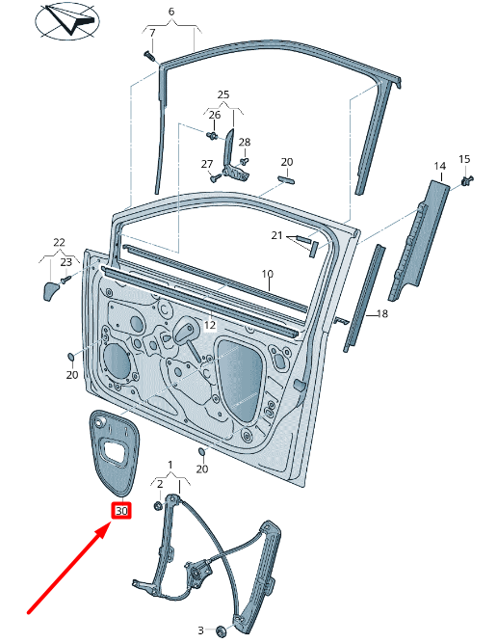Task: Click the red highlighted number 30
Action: (121, 511)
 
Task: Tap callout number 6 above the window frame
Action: (171, 13)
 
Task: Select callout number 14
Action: (439, 167)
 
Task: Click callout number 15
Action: (463, 159)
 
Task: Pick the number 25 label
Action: (223, 94)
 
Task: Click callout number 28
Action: (245, 142)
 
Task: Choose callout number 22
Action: (59, 242)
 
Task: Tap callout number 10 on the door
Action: (268, 274)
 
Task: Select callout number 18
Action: (382, 314)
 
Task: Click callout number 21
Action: (276, 236)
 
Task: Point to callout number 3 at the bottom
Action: (201, 630)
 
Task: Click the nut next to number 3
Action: (222, 630)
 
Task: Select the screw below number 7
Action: (149, 56)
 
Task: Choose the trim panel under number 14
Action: (418, 241)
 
